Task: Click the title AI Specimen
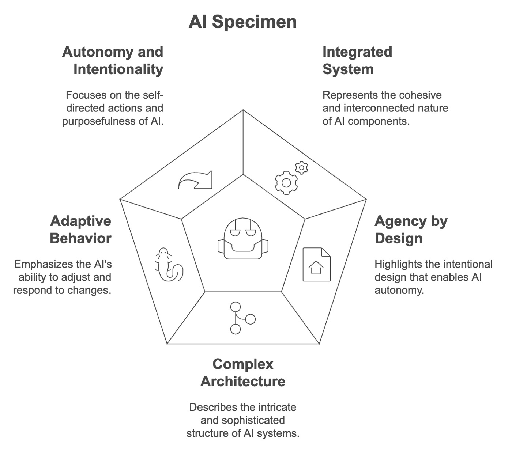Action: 242,22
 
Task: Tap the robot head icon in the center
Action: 243,238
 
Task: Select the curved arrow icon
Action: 195,180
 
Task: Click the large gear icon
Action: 286,183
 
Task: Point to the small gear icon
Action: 301,167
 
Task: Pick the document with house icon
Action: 317,264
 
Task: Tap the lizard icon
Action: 169,264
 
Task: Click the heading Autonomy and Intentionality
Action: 113,61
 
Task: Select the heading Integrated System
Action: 357,61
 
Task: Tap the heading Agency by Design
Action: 411,230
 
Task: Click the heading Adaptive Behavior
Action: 80,230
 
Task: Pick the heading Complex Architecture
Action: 243,373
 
